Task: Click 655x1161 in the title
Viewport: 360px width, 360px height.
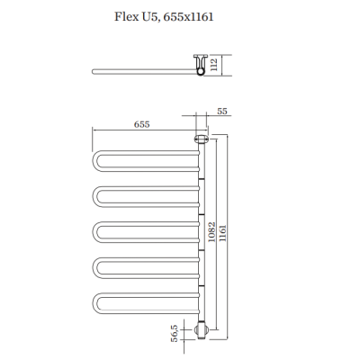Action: (189, 17)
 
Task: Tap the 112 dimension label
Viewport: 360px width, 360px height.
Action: (214, 65)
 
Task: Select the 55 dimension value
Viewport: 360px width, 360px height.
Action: (222, 111)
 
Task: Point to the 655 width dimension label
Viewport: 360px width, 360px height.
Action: (141, 124)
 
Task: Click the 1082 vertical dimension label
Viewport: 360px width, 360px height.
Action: (211, 232)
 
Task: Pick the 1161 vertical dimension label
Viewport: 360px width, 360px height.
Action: (223, 233)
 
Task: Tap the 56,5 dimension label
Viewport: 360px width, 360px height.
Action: (175, 333)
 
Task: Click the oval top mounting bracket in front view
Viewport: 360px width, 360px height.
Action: (202, 139)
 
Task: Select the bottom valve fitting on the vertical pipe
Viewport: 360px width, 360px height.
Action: (201, 330)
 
